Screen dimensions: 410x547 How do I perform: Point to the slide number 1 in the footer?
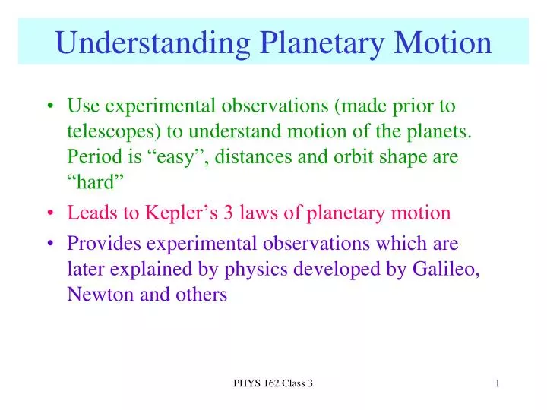pos(497,384)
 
